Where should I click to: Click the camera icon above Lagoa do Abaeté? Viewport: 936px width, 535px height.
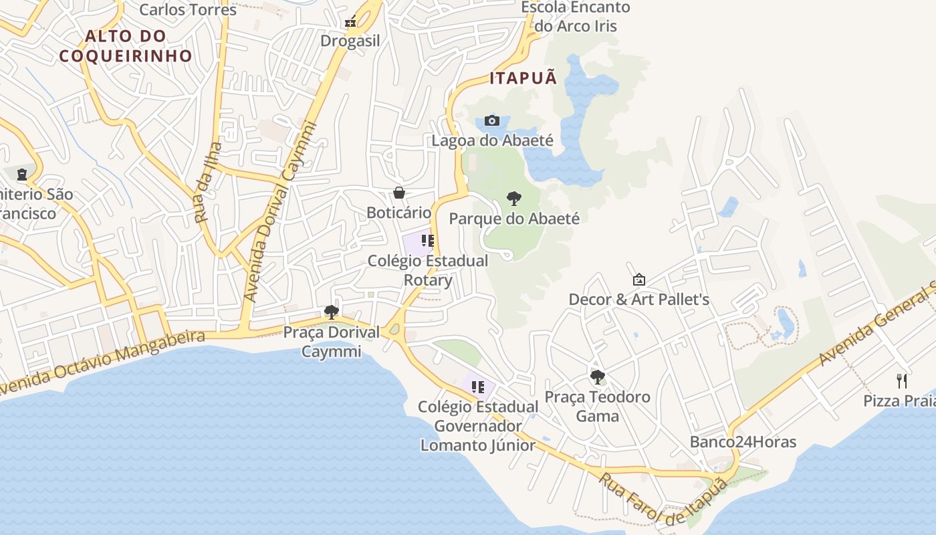492,121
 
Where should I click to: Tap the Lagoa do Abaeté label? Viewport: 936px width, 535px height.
492,140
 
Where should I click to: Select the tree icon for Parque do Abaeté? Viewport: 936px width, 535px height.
513,199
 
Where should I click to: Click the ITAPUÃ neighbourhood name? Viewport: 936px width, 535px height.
523,78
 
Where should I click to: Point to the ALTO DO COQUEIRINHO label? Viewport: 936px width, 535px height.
126,45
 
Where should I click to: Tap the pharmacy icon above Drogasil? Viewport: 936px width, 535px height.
350,23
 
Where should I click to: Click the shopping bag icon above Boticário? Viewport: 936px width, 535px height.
399,193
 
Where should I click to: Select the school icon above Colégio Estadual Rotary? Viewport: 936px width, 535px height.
428,241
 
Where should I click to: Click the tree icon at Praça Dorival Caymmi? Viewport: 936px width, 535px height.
331,312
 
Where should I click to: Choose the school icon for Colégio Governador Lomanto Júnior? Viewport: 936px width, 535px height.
477,387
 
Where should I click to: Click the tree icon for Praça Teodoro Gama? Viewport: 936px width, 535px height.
597,377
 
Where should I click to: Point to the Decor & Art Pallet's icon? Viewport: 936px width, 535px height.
638,280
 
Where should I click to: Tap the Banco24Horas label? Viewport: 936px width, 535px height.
743,442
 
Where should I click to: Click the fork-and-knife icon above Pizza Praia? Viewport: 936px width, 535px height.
903,381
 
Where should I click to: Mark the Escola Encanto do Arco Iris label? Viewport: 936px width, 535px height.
575,17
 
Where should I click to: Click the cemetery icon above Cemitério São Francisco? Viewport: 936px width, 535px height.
22,175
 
